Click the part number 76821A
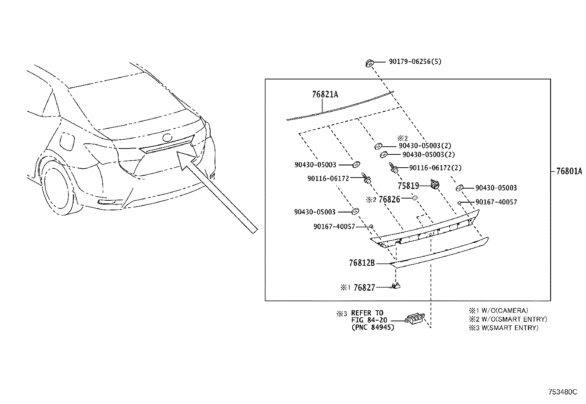[325, 94]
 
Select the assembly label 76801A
[569, 171]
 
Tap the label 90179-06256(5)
[415, 62]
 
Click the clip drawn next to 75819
[435, 184]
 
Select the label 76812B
[361, 263]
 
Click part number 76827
[364, 287]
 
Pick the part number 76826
[389, 199]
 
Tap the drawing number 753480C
[563, 392]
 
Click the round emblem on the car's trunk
[167, 138]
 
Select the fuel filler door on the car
[67, 142]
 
